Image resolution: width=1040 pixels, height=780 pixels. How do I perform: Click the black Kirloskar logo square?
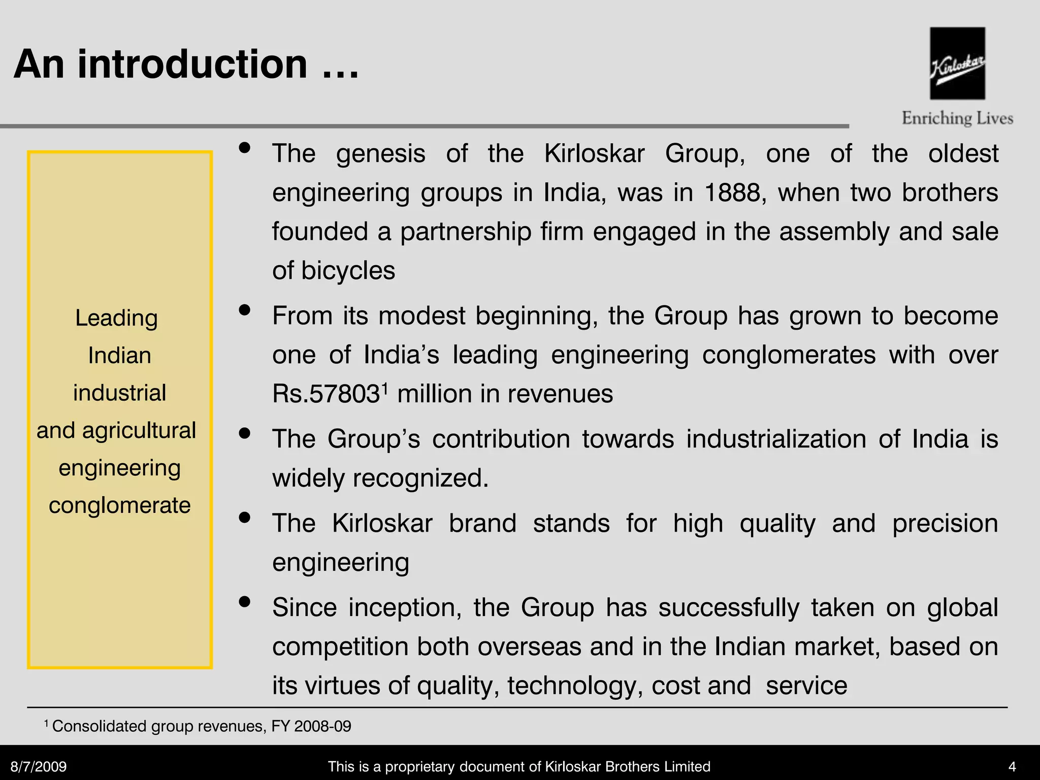(x=957, y=63)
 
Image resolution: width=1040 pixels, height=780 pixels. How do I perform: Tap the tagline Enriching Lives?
(x=957, y=118)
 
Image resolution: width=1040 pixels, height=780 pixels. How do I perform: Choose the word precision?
(x=945, y=524)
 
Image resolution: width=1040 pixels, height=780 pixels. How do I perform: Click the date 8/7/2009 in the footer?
(x=39, y=766)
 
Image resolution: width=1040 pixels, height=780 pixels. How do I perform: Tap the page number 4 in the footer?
(x=1012, y=766)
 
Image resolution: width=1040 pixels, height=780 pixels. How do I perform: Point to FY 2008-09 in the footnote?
(x=311, y=726)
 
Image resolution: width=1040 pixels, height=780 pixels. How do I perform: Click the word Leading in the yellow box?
(x=117, y=318)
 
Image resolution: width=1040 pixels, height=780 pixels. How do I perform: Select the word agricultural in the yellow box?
(x=139, y=431)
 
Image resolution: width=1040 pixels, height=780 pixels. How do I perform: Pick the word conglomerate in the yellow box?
(x=120, y=506)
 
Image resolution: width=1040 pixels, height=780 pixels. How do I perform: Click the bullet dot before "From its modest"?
(x=245, y=310)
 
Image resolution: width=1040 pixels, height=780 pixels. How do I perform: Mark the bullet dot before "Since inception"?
(x=245, y=602)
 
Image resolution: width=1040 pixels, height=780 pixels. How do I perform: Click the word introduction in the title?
(x=192, y=64)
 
